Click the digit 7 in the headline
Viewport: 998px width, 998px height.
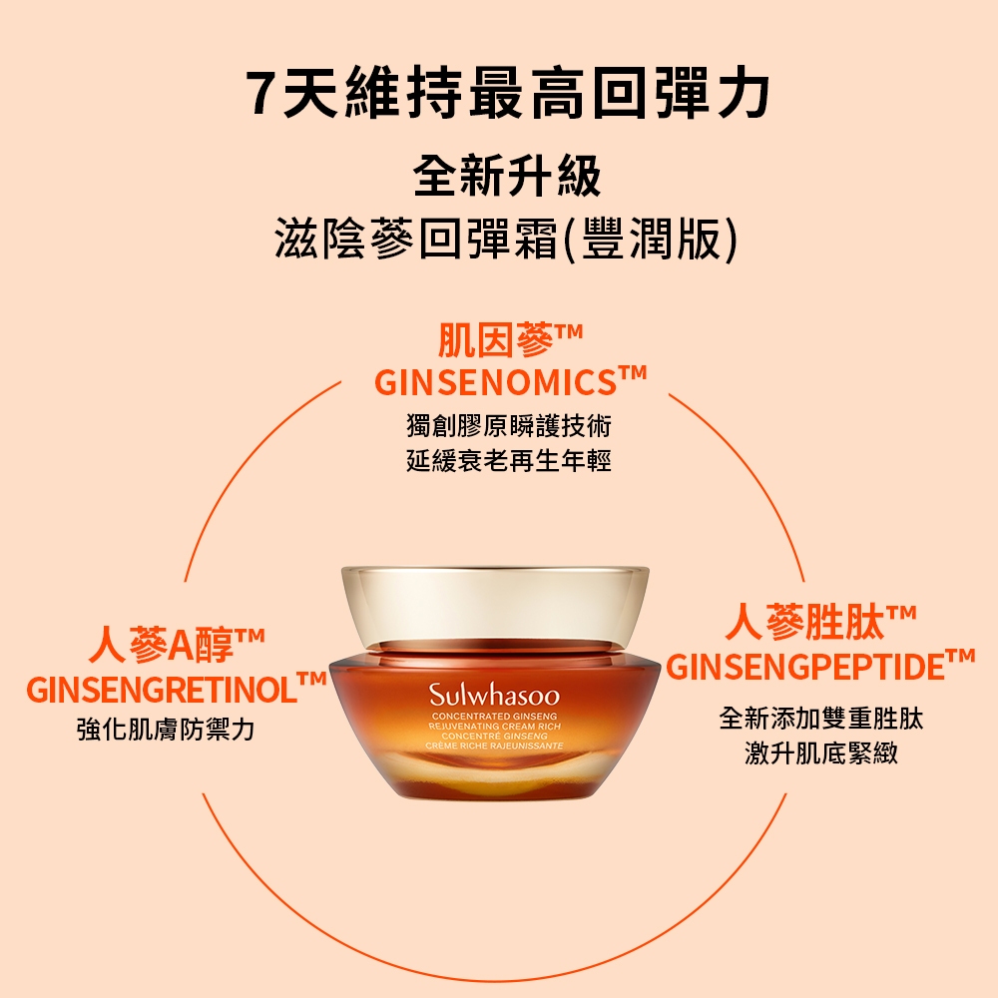pos(263,93)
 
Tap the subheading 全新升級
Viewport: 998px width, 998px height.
pos(507,177)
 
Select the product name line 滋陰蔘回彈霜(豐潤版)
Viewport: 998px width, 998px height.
pos(507,239)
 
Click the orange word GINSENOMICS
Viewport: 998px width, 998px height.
pos(495,383)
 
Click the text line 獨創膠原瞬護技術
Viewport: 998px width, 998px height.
pos(509,426)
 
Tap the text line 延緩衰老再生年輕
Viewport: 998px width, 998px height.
pos(509,461)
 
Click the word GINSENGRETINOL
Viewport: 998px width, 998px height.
pos(162,691)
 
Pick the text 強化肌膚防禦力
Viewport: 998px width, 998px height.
pos(166,730)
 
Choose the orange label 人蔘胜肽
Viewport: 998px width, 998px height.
pos(805,622)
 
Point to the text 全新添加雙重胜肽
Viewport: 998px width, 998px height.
pos(821,719)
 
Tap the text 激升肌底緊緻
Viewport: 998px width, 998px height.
pos(821,752)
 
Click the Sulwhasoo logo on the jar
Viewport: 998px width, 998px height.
pos(494,695)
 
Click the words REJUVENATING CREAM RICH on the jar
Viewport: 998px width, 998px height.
pos(495,727)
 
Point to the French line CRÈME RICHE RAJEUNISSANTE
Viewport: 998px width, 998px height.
pos(495,746)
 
